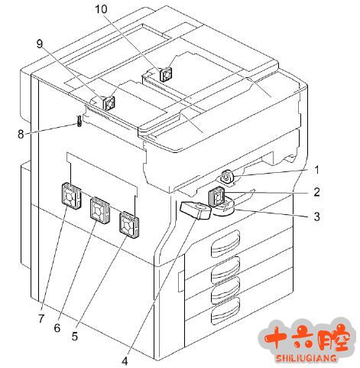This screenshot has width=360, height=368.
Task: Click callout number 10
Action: coord(102,9)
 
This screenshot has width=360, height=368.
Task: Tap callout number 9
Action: coord(40,44)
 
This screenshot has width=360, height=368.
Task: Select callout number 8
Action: coord(21,134)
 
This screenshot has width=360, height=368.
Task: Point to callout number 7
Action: coord(41,318)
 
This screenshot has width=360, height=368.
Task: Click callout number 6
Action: coord(57,327)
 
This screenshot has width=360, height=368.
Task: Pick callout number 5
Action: coord(74,337)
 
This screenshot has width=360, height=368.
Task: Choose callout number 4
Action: coord(125,361)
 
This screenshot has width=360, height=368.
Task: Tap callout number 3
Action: coord(316,217)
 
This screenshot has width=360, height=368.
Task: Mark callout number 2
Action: coord(316,192)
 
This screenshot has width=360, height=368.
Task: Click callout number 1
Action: coord(316,170)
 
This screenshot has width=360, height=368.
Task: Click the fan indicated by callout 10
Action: coord(166,74)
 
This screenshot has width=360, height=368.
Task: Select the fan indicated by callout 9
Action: coord(109,103)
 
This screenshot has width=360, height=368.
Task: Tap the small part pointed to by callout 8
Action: coord(79,121)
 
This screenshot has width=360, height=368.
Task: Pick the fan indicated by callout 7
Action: coord(71,196)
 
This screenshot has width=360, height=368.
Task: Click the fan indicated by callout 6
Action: coord(100,210)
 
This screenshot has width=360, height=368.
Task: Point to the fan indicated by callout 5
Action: coord(129,224)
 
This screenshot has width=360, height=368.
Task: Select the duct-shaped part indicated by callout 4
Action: coord(196,210)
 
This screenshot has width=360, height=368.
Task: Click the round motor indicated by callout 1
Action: coord(227,177)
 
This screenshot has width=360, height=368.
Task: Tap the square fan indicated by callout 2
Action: coord(216,197)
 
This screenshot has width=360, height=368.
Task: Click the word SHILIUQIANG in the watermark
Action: coord(306,358)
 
